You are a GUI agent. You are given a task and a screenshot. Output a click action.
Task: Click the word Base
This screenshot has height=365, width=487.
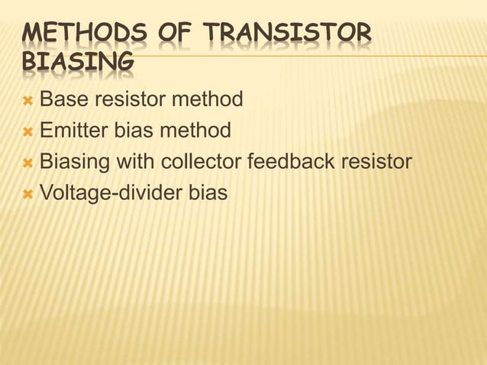pyautogui.click(x=63, y=99)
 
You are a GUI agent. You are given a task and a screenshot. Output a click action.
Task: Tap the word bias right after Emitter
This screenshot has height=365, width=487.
pyautogui.click(x=136, y=131)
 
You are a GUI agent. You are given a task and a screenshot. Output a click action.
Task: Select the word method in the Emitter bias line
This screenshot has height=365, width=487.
pyautogui.click(x=195, y=131)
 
